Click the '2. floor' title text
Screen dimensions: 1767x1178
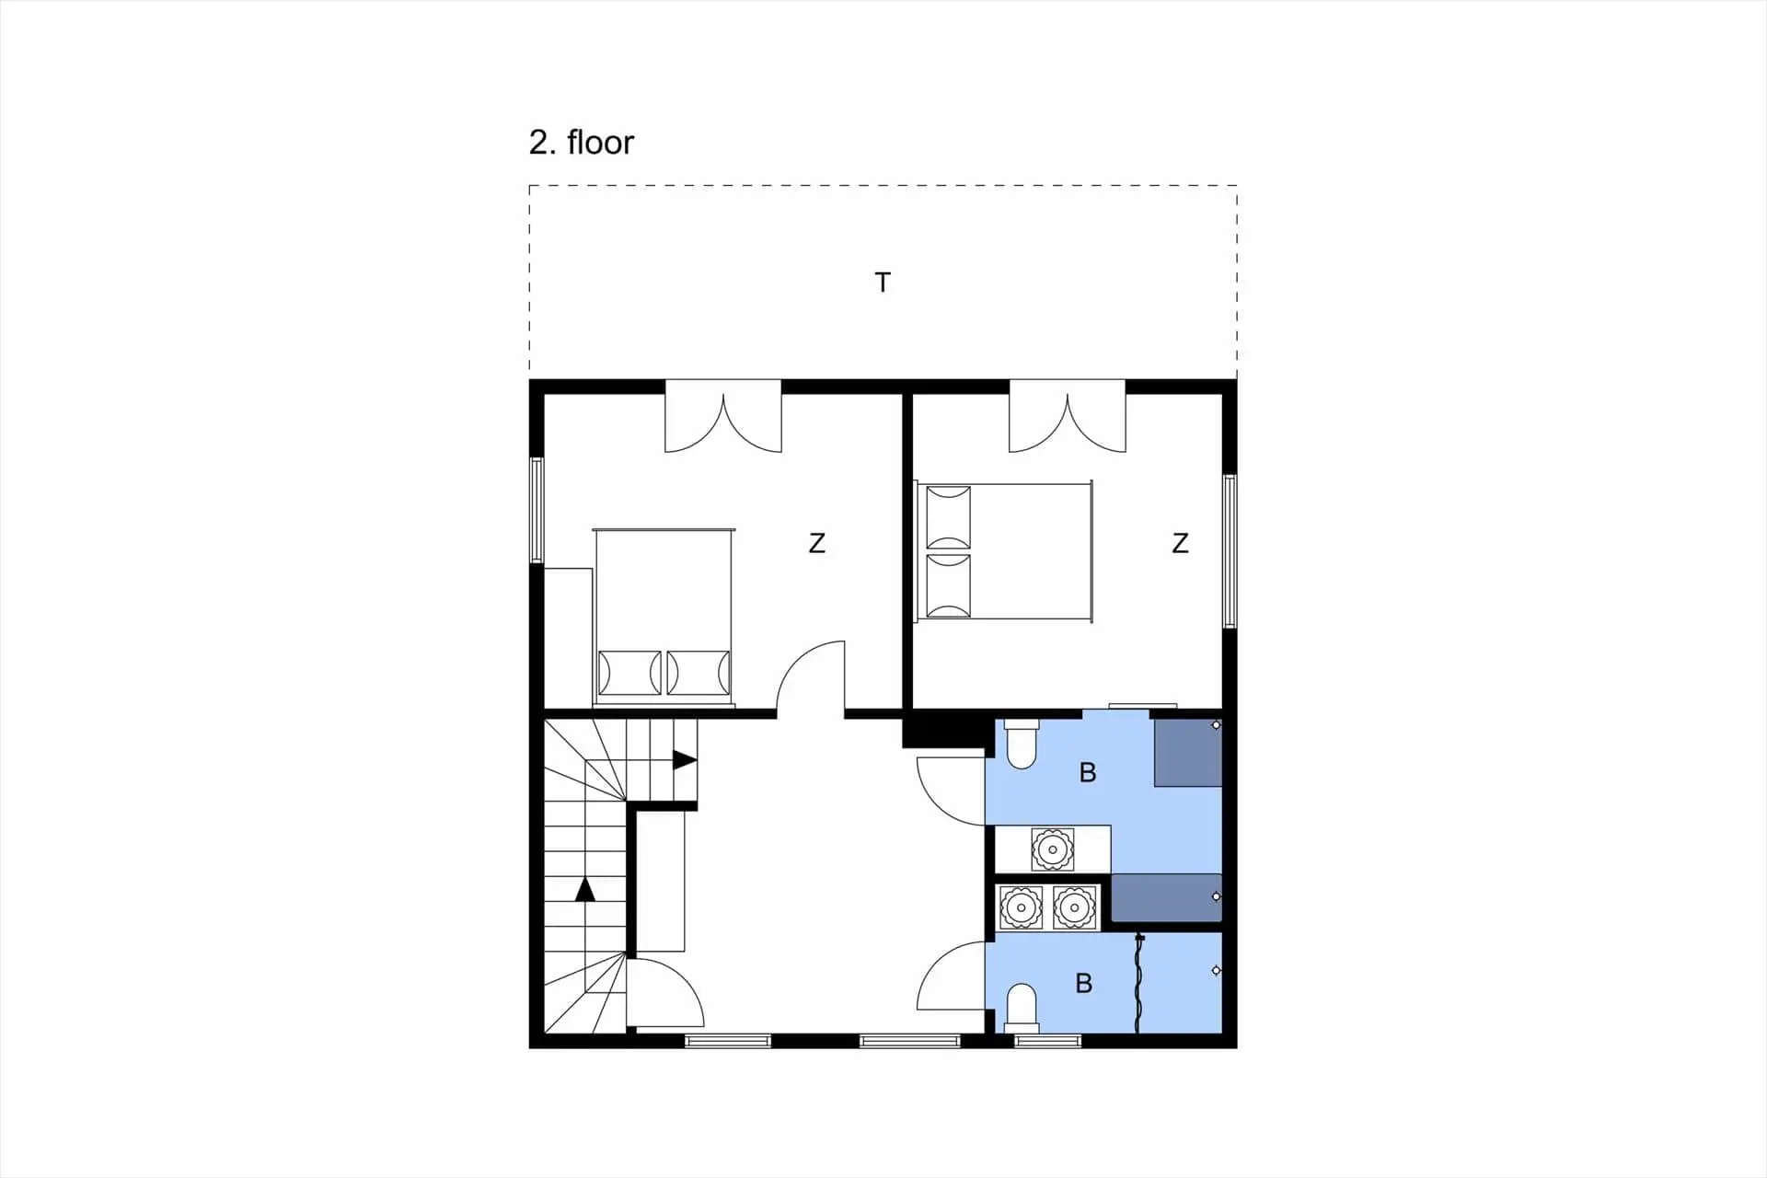(x=582, y=143)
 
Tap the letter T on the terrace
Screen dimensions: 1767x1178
(x=883, y=283)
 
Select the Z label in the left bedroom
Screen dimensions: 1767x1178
(x=817, y=544)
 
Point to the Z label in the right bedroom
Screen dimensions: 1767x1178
(x=1181, y=544)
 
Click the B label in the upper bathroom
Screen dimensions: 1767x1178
(x=1088, y=773)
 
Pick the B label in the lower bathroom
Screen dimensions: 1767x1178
(x=1084, y=984)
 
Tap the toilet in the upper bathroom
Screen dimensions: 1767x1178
(x=1022, y=744)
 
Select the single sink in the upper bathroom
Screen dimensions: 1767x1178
(x=1052, y=849)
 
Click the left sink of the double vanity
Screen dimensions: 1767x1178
(x=1021, y=908)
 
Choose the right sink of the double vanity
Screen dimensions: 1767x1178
(x=1074, y=908)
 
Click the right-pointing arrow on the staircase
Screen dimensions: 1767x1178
(x=685, y=760)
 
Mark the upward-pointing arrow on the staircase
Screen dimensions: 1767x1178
(x=585, y=889)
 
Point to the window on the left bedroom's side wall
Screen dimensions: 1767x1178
(x=537, y=510)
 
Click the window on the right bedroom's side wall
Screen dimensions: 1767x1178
(x=1230, y=550)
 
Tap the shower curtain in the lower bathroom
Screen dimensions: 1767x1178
(x=1139, y=983)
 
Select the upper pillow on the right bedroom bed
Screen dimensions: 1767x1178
(x=948, y=517)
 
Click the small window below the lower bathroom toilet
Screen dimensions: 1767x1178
(x=1048, y=1042)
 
